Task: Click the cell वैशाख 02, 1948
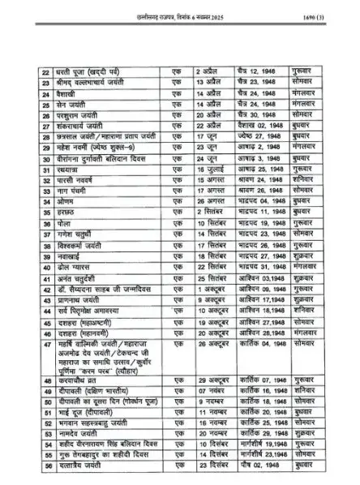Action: tap(255, 127)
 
